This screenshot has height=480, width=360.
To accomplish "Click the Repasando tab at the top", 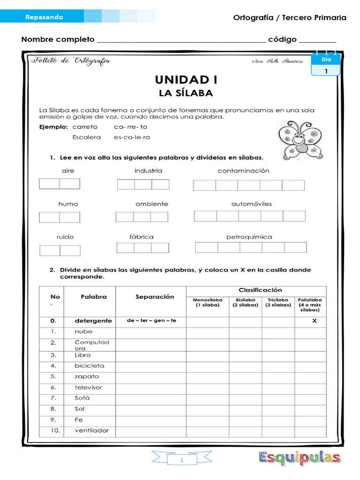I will (44, 17).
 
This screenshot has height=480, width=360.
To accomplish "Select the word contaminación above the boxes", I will (243, 171).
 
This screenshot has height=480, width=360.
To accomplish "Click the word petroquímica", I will (249, 237).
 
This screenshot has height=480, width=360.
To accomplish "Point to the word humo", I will (68, 204).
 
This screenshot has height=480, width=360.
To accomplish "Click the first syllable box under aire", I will (49, 184).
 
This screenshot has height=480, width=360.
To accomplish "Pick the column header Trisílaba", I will (278, 302).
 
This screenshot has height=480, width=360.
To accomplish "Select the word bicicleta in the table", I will (90, 366).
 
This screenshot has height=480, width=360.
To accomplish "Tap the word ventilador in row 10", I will (92, 430).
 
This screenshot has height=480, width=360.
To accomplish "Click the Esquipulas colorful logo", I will (300, 457).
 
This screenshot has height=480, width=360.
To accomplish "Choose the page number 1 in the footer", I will (181, 461).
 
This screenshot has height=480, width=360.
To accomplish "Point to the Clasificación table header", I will (256, 290).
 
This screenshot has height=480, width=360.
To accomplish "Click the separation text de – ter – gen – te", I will (151, 321).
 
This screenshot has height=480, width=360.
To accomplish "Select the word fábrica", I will (142, 237).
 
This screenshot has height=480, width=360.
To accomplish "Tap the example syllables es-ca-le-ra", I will (132, 137).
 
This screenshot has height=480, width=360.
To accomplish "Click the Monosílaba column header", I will (208, 302).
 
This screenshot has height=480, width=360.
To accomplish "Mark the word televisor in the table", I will (88, 387).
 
